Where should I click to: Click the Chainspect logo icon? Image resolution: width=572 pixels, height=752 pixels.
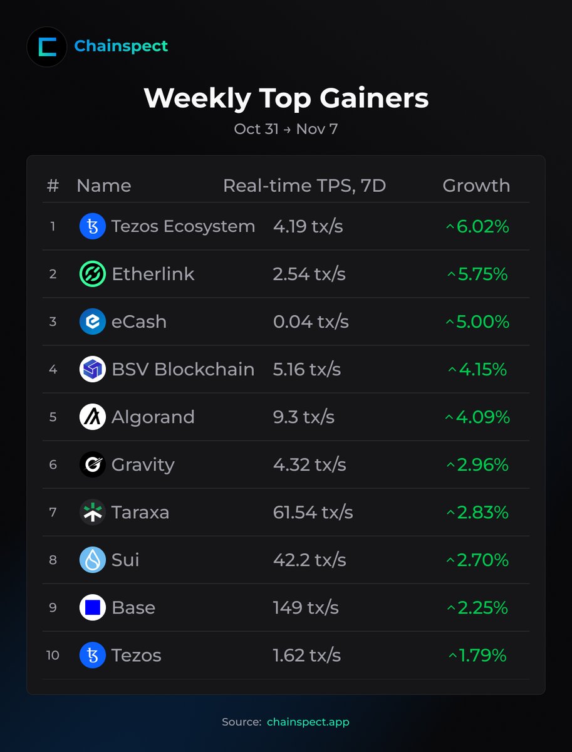tap(46, 46)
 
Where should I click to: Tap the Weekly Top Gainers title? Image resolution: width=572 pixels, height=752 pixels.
tap(286, 98)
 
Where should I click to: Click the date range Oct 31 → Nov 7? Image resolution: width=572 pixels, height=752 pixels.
tap(286, 129)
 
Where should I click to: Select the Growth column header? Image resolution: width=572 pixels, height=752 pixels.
tap(476, 185)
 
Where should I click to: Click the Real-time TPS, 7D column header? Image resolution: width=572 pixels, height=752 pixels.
tap(304, 185)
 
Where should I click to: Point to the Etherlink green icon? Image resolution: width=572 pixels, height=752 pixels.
tap(93, 274)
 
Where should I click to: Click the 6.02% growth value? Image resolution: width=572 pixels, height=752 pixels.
tap(477, 226)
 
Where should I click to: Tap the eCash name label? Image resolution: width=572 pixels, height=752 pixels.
tap(139, 321)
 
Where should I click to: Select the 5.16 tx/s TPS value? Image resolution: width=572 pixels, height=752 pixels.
tap(307, 369)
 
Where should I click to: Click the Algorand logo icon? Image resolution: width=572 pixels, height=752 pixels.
tap(93, 417)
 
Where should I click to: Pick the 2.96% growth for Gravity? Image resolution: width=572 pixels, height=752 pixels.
tap(477, 464)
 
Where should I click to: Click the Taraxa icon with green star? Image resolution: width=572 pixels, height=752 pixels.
tap(93, 512)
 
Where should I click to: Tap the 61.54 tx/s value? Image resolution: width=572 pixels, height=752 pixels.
tap(313, 512)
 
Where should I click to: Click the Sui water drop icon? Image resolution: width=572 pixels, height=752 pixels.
tap(93, 560)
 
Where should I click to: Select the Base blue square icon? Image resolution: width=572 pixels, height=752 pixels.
tap(93, 607)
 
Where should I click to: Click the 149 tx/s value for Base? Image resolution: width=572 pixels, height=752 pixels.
tap(306, 607)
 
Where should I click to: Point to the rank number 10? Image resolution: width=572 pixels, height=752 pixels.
tap(53, 655)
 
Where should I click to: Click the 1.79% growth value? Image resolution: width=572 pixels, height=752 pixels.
tap(477, 655)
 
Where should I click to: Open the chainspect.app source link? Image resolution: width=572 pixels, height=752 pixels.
tap(308, 722)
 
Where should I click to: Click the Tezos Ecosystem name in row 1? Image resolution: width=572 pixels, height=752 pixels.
tap(183, 226)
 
